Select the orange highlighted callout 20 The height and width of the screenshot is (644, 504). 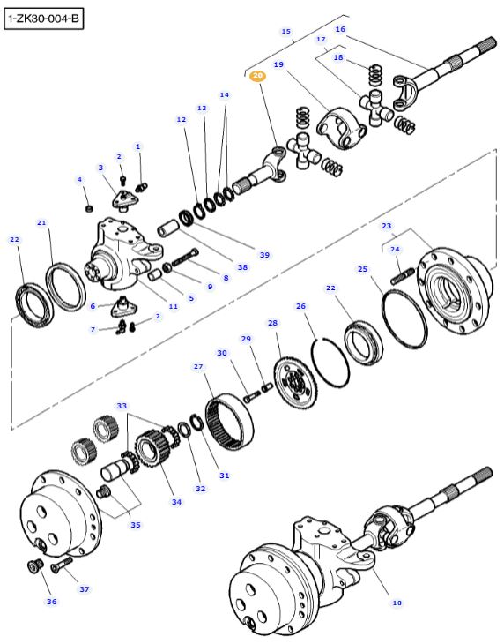pyautogui.click(x=257, y=77)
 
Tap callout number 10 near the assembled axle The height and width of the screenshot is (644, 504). pyautogui.click(x=397, y=603)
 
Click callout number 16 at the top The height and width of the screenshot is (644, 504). pyautogui.click(x=340, y=29)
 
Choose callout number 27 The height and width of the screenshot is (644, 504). pyautogui.click(x=197, y=366)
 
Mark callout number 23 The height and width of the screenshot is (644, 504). pyautogui.click(x=386, y=227)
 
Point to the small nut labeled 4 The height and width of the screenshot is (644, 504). pyautogui.click(x=88, y=208)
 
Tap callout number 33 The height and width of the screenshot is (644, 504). pyautogui.click(x=121, y=406)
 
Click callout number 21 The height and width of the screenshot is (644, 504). pyautogui.click(x=41, y=223)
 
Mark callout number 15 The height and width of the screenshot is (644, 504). pyautogui.click(x=285, y=31)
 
